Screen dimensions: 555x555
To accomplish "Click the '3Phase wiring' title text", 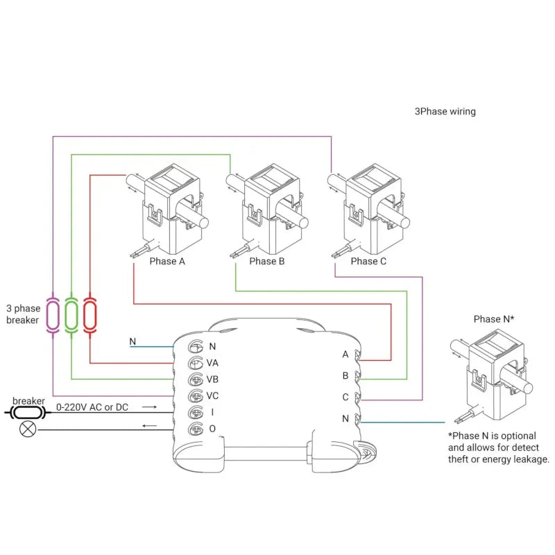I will coord(445,111).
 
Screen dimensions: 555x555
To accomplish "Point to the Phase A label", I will coord(167,262).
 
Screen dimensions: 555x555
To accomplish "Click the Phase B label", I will coord(267,262).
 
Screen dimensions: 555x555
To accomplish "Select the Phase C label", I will coord(368,262).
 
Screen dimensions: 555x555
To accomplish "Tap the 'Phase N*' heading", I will coord(494,319).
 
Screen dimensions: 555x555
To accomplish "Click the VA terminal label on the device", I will coord(213,363).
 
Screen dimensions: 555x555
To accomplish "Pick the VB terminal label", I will coord(213,379).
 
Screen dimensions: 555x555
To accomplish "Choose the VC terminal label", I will coord(213,396).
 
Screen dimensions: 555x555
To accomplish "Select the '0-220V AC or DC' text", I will coord(92,407).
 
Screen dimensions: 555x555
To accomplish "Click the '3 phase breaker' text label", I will coord(23,314).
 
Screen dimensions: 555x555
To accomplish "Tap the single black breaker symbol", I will coord(28,413).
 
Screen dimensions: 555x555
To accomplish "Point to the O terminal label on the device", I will coord(212,429).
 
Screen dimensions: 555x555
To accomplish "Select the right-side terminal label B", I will coord(345,375).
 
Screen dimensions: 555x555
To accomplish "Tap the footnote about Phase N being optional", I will coord(498,447).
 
